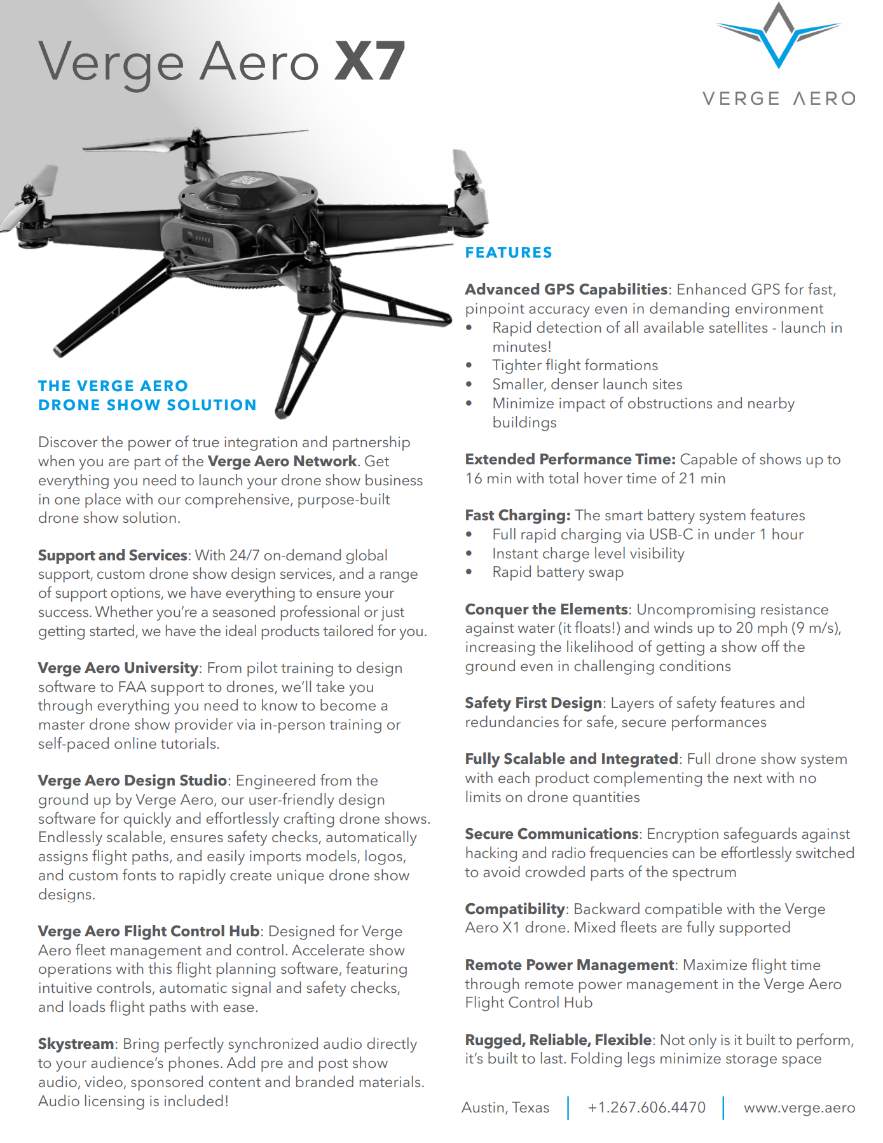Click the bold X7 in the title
(370, 62)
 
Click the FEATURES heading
(509, 253)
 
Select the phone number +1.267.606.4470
(647, 1107)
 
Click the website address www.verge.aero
(799, 1107)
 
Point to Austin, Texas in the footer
(505, 1107)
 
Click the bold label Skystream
(76, 1044)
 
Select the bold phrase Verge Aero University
(118, 668)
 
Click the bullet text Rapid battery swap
(558, 572)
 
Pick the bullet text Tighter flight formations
(575, 365)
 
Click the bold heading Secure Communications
(551, 834)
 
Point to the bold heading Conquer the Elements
(546, 609)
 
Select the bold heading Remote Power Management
(569, 965)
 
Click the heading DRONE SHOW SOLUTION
(147, 405)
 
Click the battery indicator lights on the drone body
(203, 239)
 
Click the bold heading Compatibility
(514, 909)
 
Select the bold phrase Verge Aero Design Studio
(132, 780)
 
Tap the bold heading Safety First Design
(533, 703)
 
